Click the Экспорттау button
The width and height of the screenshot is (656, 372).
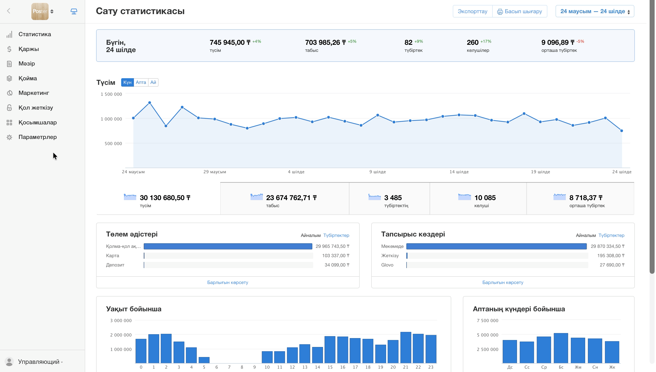472,11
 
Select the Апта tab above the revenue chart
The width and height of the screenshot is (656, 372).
141,82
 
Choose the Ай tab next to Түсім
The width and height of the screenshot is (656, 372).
153,82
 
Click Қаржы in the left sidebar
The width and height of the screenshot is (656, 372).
29,49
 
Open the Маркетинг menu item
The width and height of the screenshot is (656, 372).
34,93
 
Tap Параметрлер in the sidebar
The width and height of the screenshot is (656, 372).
38,137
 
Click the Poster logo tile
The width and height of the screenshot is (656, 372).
40,11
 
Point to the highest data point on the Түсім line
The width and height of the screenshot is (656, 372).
150,103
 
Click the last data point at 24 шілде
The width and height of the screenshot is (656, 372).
622,131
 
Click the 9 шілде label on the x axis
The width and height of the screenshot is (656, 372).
378,172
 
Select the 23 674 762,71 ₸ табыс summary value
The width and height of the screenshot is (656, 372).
291,198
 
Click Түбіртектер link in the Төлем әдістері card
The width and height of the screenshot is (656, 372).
336,235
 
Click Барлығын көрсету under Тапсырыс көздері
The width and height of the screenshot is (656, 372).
503,282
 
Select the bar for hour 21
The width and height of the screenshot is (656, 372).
405,347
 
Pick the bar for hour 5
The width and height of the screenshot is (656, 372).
204,360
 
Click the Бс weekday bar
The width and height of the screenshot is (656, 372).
561,348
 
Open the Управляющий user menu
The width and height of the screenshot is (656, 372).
39,362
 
